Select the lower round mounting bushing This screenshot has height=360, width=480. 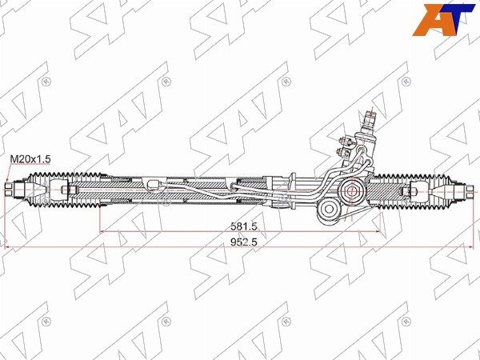click(329, 213)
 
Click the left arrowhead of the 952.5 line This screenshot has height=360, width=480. click(8, 247)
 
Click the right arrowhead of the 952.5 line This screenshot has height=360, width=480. click(472, 247)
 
